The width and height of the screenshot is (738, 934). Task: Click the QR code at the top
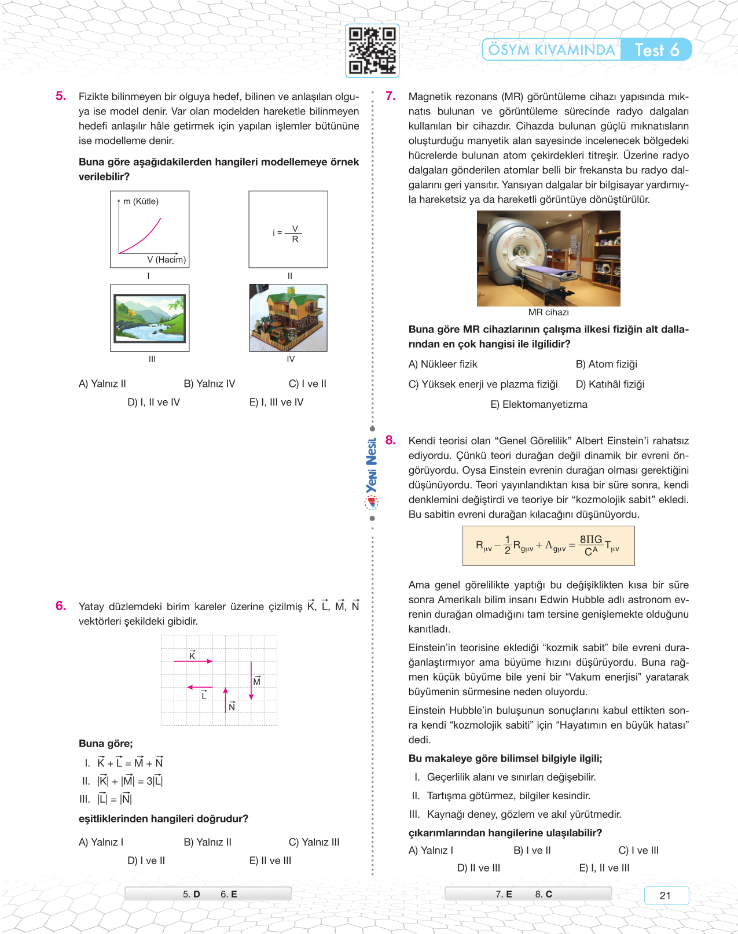click(x=372, y=51)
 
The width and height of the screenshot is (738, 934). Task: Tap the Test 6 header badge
click(x=656, y=50)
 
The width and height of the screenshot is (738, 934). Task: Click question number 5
click(x=61, y=96)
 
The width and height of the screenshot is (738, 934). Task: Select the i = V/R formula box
click(x=288, y=230)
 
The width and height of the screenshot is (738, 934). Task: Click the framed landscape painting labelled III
click(x=150, y=318)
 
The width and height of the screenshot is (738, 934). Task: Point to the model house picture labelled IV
click(x=288, y=318)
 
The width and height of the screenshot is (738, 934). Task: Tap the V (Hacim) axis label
click(x=166, y=260)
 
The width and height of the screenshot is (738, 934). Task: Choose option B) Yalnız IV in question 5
click(x=210, y=383)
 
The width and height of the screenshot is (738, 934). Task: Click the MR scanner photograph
click(x=548, y=259)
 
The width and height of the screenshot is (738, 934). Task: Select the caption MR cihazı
click(x=548, y=312)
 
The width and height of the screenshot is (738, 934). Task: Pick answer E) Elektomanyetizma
click(x=539, y=404)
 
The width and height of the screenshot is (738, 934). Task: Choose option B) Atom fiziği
click(x=606, y=364)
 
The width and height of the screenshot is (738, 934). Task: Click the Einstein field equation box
click(x=548, y=545)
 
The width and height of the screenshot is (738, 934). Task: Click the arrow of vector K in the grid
click(x=193, y=661)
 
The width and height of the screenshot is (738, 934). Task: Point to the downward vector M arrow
click(x=251, y=681)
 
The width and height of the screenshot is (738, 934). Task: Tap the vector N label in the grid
click(x=232, y=707)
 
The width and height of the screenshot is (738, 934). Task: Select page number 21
click(x=666, y=895)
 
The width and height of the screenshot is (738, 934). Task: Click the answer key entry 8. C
click(x=544, y=894)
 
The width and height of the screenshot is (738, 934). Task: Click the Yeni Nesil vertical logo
click(x=372, y=466)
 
